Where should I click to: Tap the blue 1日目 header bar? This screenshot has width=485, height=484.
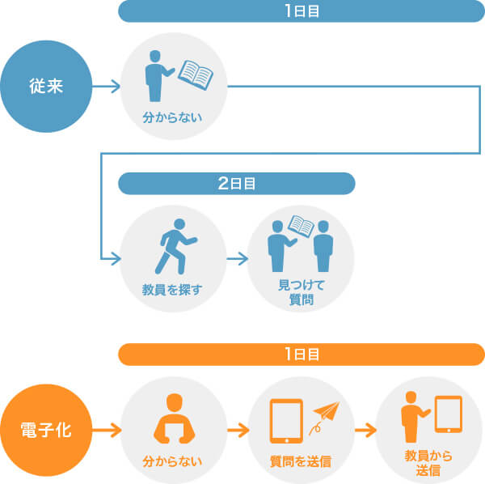[x=301, y=12]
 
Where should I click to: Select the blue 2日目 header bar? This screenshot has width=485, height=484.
[x=237, y=184]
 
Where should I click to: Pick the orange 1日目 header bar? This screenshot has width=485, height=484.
[x=301, y=355]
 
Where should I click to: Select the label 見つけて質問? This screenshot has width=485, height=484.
[x=300, y=294]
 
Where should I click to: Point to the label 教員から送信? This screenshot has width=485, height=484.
[x=428, y=462]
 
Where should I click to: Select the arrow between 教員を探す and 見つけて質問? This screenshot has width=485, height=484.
[x=236, y=259]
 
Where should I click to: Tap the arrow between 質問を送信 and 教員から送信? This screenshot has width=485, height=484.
[x=363, y=428]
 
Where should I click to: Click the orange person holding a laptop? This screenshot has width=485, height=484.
[x=171, y=419]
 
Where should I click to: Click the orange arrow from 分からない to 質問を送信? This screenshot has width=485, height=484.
[x=236, y=428]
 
